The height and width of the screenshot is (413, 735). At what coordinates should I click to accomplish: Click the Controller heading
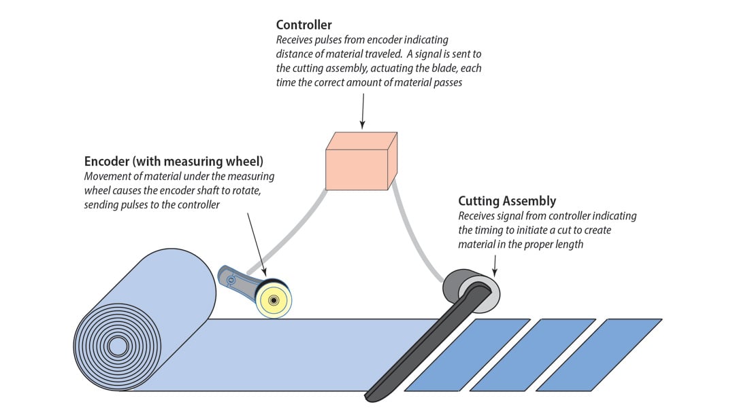click(x=304, y=25)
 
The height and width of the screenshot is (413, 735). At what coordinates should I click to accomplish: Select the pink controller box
click(x=357, y=164)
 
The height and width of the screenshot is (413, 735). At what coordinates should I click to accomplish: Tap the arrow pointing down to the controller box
click(x=363, y=112)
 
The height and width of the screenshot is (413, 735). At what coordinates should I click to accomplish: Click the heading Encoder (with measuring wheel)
click(x=174, y=162)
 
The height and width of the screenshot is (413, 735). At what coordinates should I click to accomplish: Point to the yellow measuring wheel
click(x=274, y=300)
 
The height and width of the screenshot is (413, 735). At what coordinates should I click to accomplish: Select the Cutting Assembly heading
click(x=507, y=201)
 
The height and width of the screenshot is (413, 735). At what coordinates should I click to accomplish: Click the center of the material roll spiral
click(x=118, y=346)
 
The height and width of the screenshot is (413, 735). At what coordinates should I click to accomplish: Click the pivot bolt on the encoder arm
click(x=231, y=279)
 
